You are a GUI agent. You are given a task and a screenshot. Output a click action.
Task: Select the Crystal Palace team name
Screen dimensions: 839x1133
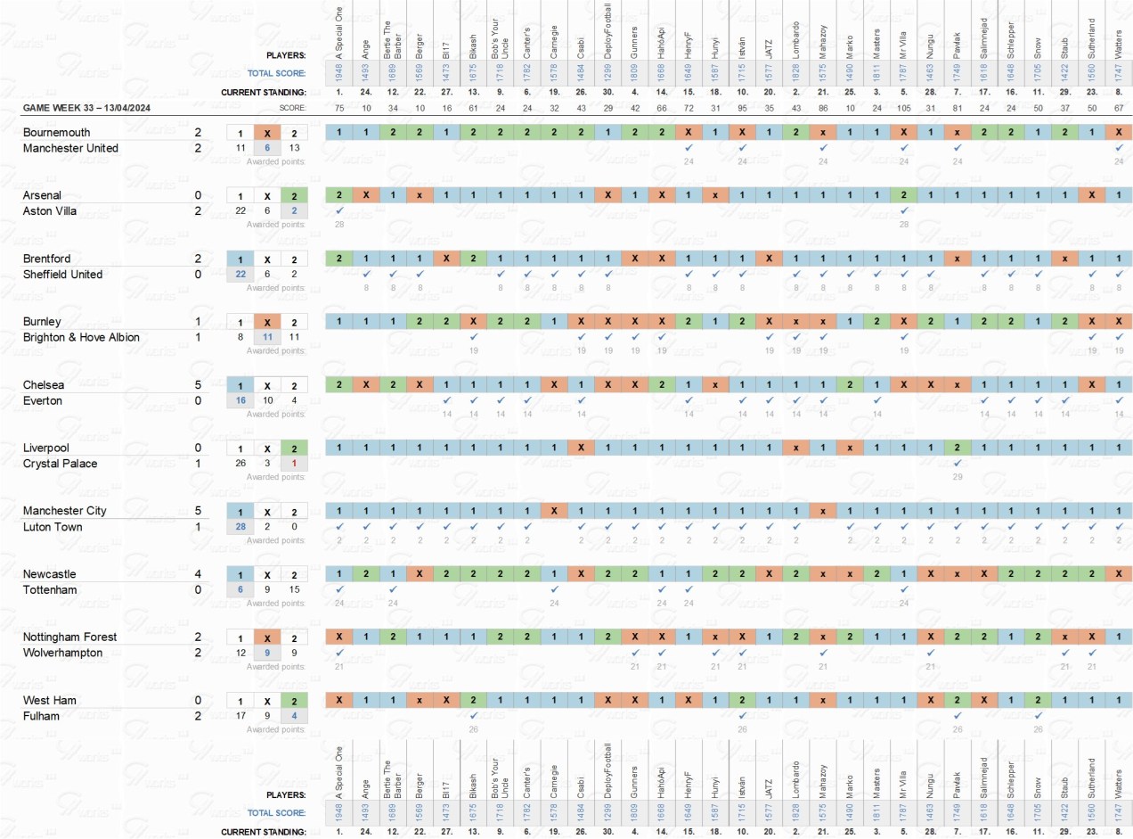coord(60,464)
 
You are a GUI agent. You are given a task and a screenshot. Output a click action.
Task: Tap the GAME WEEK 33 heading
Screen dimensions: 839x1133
coord(99,108)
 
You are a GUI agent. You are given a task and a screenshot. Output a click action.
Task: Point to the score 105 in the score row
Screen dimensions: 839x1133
coord(903,108)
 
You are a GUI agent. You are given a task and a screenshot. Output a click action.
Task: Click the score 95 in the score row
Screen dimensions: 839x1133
coord(742,108)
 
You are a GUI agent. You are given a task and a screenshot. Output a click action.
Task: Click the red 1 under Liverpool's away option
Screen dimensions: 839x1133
coord(295,464)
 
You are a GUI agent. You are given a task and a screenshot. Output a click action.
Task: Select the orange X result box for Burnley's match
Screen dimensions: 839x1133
coord(267,322)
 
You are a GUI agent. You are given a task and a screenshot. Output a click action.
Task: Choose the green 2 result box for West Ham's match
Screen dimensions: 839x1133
coord(295,701)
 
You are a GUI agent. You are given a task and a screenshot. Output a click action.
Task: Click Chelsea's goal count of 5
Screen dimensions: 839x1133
coord(198,385)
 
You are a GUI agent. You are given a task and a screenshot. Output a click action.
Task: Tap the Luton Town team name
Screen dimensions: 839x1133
coord(53,527)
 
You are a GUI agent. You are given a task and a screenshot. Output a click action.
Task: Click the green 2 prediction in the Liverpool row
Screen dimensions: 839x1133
coord(957,448)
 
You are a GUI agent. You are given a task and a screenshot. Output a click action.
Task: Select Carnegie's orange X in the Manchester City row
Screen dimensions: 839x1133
coord(554,511)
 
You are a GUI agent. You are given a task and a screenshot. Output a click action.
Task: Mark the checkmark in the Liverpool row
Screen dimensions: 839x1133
coord(957,464)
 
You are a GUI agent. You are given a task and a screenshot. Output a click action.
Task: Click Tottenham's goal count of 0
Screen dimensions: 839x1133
coord(198,589)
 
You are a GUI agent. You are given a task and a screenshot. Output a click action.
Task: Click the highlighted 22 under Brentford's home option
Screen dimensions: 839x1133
coord(240,275)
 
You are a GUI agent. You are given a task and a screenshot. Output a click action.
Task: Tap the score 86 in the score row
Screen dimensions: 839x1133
coord(823,108)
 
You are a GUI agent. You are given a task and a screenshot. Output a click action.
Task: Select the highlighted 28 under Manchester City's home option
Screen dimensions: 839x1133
coord(240,527)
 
